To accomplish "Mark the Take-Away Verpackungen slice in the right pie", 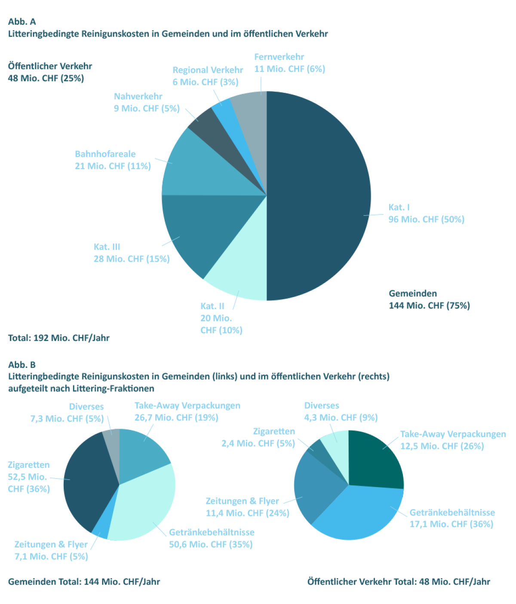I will [x=374, y=460].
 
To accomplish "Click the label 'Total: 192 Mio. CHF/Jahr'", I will [x=59, y=338].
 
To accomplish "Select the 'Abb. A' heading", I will [x=22, y=21].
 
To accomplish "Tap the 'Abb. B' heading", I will [x=22, y=365].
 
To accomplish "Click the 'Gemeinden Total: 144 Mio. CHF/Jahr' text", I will [x=84, y=582].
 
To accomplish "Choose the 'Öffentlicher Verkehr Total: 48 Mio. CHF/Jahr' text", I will [x=398, y=582].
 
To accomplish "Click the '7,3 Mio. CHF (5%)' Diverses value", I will [x=67, y=418].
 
